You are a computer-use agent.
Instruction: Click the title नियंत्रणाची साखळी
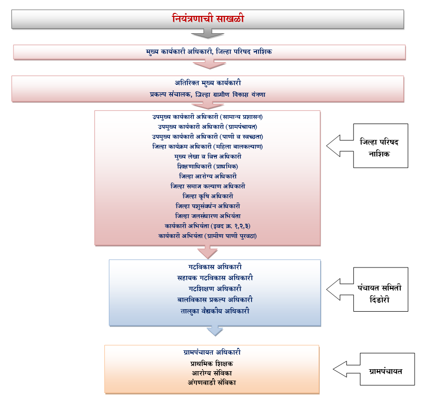pyautogui.click(x=207, y=19)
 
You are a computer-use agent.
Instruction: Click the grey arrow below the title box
pyautogui.click(x=207, y=34)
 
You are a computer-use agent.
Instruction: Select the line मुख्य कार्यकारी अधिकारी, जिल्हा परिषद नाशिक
pyautogui.click(x=209, y=52)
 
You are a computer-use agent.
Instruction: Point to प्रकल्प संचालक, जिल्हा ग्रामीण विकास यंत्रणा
pyautogui.click(x=209, y=93)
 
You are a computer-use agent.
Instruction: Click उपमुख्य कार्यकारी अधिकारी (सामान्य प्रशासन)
pyautogui.click(x=207, y=117)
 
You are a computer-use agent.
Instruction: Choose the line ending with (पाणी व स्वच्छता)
pyautogui.click(x=207, y=136)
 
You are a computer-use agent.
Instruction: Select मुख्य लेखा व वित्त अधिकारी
pyautogui.click(x=207, y=156)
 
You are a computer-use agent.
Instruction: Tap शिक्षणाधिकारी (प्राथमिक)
pyautogui.click(x=207, y=166)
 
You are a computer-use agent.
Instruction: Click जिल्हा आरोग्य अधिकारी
pyautogui.click(x=207, y=176)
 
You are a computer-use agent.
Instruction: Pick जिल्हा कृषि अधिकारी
pyautogui.click(x=207, y=196)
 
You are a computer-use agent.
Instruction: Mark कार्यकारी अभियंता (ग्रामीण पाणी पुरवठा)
pyautogui.click(x=207, y=235)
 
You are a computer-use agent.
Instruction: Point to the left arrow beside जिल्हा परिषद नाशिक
pyautogui.click(x=340, y=144)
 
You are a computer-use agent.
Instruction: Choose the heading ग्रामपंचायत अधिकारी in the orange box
pyautogui.click(x=211, y=352)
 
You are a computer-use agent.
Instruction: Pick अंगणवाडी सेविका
pyautogui.click(x=211, y=382)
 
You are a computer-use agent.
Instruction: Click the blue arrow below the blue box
pyautogui.click(x=214, y=331)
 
